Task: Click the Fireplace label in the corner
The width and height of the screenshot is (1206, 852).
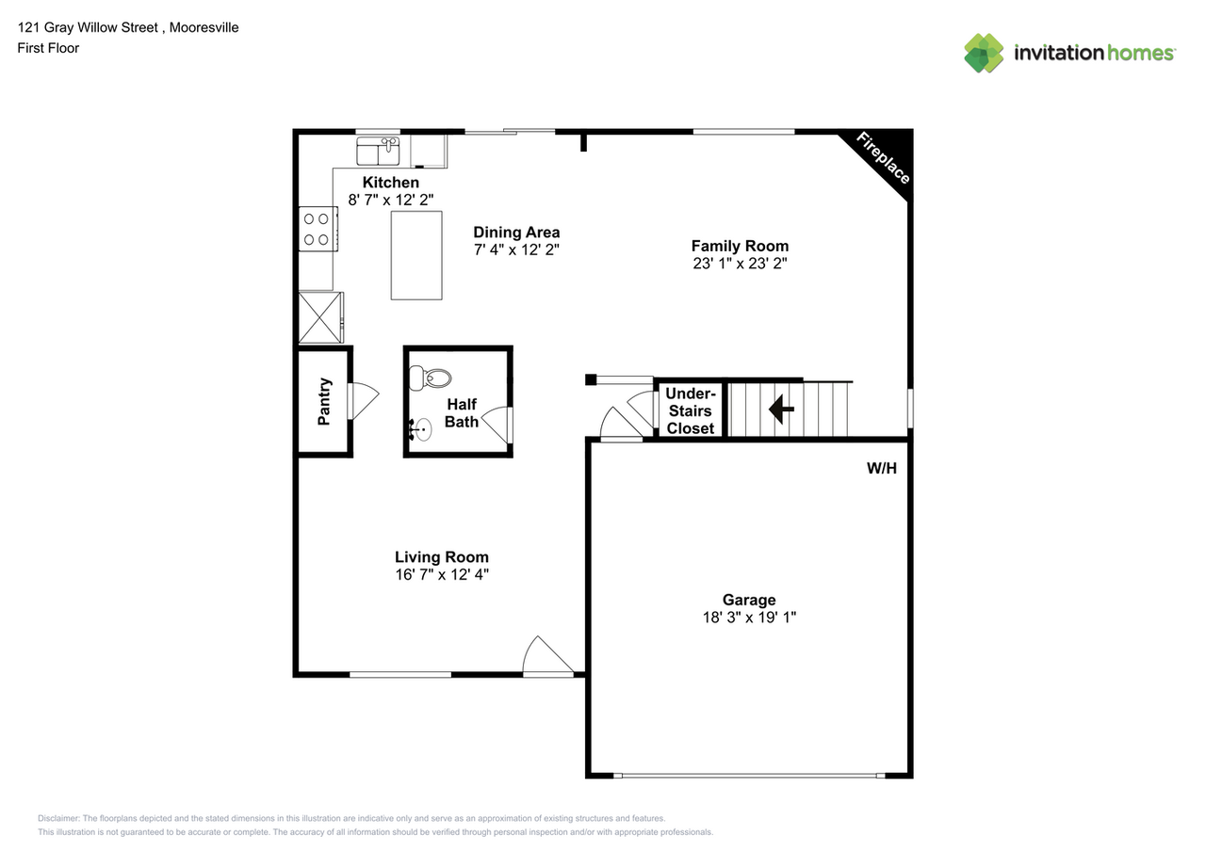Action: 883,158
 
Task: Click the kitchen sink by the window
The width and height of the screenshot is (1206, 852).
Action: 379,150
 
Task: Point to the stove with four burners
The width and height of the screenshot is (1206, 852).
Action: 318,229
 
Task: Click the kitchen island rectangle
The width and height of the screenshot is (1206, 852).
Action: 416,255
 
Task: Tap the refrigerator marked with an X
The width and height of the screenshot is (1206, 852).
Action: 320,317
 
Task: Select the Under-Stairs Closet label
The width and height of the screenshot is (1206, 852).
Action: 691,410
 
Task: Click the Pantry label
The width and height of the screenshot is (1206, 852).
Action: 324,402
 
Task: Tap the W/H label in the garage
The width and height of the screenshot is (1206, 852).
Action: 881,468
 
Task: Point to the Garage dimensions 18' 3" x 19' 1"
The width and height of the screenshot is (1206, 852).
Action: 749,618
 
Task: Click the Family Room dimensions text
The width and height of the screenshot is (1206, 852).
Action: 740,265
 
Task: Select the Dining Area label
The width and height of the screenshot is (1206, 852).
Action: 516,233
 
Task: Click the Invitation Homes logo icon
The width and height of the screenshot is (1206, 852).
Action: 984,53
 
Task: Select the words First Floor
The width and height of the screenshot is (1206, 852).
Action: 48,48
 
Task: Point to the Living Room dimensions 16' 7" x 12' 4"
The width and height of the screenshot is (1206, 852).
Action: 441,574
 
